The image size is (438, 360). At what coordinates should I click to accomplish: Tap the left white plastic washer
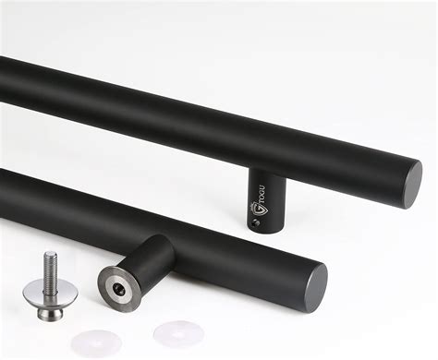[x=97, y=341]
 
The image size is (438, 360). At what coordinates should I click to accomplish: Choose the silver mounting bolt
[x=47, y=287]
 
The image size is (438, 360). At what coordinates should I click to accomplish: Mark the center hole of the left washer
[x=97, y=341]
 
